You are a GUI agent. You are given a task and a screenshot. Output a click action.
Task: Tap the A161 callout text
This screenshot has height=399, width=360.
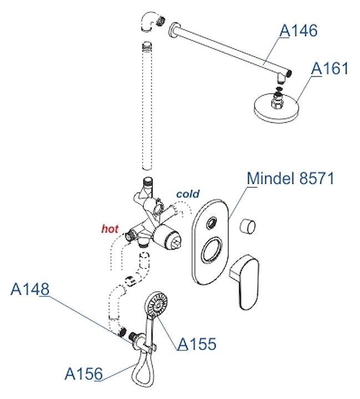330,69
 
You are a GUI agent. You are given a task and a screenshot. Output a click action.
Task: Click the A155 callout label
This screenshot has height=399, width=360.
197,344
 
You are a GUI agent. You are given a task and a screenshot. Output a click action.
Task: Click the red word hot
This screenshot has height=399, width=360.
110,228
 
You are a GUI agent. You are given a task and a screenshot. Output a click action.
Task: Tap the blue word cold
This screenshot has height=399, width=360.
187,194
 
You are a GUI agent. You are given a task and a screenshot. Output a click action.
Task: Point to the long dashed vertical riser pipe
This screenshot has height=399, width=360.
147,105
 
